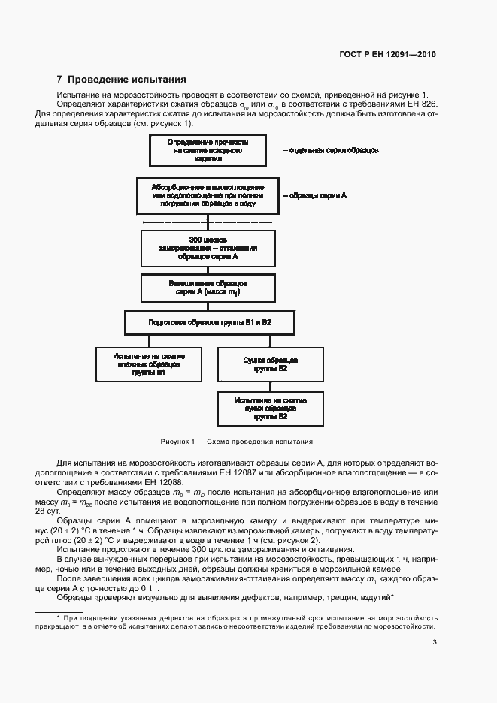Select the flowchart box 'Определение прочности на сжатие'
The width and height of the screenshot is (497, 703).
point(207,150)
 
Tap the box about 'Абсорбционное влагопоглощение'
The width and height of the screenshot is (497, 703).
point(207,195)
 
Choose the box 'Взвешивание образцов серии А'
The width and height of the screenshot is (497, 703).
point(207,288)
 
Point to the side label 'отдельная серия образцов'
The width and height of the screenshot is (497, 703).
point(330,150)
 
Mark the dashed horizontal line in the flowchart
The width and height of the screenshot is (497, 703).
point(207,222)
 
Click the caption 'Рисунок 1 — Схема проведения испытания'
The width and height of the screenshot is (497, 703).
point(236,442)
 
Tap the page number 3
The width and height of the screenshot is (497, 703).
point(435,641)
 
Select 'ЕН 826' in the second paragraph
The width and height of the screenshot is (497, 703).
point(420,104)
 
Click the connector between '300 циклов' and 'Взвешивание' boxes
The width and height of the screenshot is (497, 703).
point(207,269)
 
